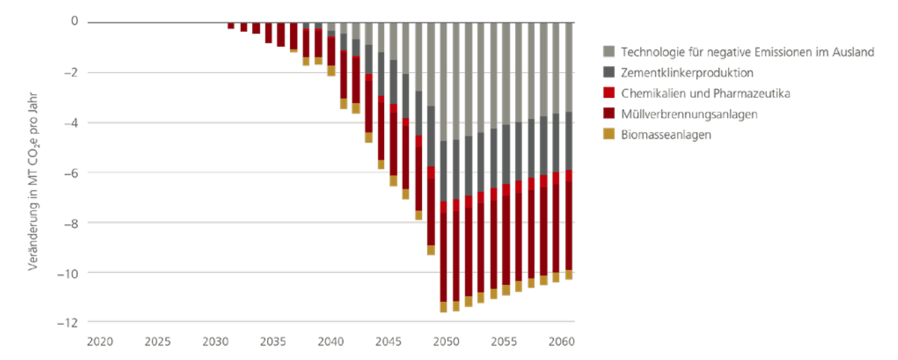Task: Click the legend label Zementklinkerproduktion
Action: (x=687, y=73)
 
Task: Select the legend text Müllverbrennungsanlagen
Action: (x=689, y=114)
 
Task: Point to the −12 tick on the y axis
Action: (x=68, y=323)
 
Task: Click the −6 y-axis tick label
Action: (x=71, y=173)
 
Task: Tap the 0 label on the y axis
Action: (x=75, y=22)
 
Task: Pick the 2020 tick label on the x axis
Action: (x=100, y=342)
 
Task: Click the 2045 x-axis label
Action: (x=388, y=342)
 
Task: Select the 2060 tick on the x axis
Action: (x=562, y=342)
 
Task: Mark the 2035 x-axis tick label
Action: (x=273, y=342)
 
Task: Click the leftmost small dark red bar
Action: (x=231, y=26)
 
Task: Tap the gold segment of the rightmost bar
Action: (x=568, y=275)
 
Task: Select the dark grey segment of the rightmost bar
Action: (x=568, y=141)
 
